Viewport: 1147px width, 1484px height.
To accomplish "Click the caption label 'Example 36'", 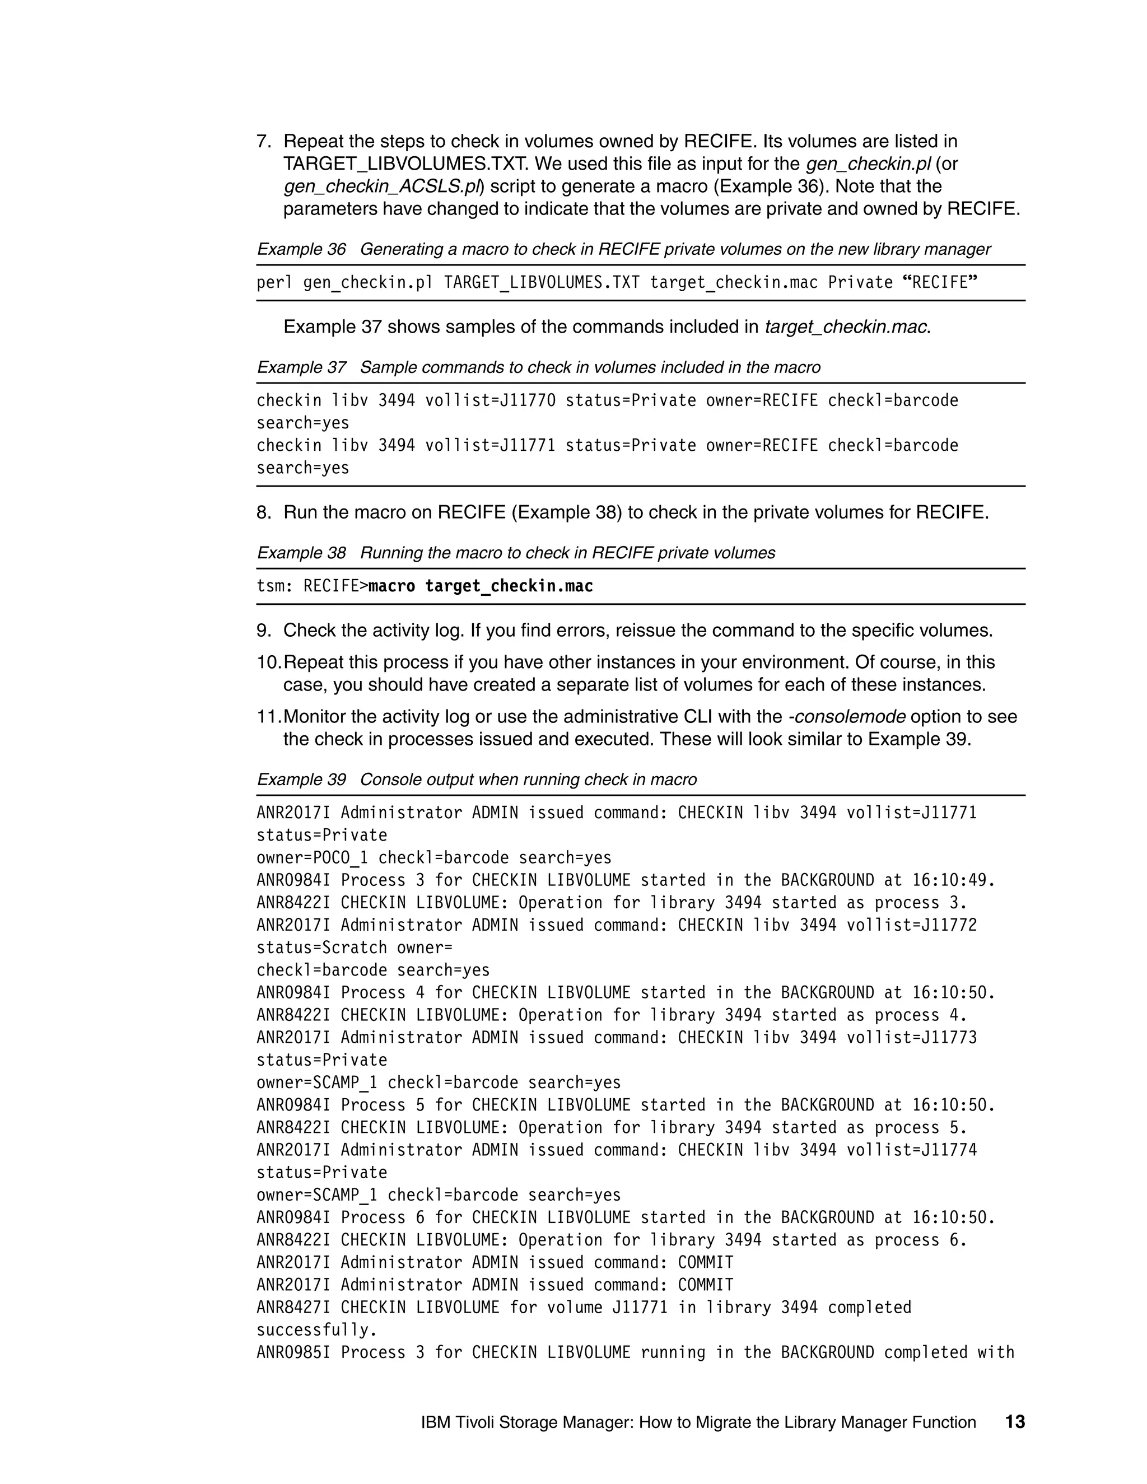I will [x=301, y=249].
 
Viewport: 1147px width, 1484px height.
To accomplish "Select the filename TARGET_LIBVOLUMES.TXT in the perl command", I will [x=542, y=283].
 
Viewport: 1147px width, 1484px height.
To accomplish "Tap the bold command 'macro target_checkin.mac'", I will [x=481, y=586].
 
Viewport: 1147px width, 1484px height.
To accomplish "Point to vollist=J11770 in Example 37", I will [x=490, y=401].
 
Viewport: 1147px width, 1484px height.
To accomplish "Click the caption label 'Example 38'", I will [x=301, y=553].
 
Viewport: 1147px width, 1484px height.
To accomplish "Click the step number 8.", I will [x=263, y=512].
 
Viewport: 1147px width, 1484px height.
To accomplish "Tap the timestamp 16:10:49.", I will [x=953, y=881].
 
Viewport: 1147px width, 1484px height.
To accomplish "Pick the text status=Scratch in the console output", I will [x=321, y=948].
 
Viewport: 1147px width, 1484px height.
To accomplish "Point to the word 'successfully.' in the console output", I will [x=316, y=1330].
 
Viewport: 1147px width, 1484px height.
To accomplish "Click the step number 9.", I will [x=263, y=631].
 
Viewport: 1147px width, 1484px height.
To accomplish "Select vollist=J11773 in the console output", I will [x=911, y=1038].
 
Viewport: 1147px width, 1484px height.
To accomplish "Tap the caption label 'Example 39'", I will [x=301, y=780].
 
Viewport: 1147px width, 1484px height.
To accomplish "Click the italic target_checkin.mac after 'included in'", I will [x=847, y=327].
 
